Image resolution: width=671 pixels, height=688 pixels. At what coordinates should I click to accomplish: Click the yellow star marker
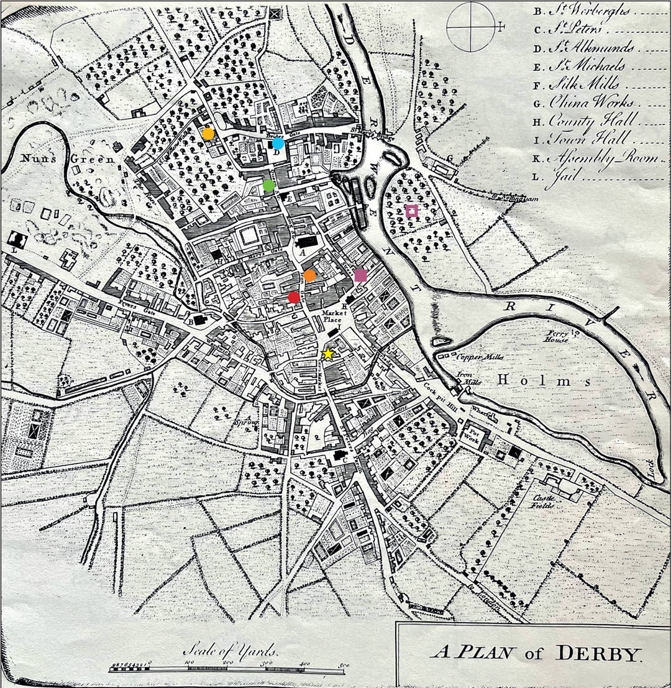(x=327, y=354)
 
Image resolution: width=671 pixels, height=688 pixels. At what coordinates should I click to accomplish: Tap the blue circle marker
(x=278, y=144)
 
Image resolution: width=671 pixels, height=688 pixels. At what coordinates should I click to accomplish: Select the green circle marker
(x=268, y=185)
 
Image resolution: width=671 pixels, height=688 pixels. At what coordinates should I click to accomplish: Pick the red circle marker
(x=294, y=298)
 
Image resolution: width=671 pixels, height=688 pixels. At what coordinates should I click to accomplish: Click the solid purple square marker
(x=360, y=276)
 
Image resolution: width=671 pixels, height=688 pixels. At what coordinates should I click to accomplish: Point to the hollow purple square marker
(x=411, y=211)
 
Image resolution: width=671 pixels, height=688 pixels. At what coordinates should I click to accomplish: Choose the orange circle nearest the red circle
(x=309, y=276)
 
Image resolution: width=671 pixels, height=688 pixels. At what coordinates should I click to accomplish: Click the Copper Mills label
(x=478, y=357)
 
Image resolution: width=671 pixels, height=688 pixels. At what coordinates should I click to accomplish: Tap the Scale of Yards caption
(x=231, y=652)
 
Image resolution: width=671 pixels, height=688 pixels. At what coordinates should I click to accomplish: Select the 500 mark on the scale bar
(x=340, y=665)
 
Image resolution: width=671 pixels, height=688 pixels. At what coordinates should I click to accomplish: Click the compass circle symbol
(x=468, y=27)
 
